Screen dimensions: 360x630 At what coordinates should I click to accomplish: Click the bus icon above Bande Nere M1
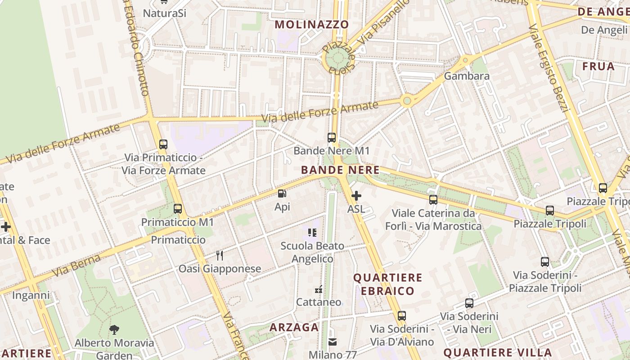[x=332, y=138]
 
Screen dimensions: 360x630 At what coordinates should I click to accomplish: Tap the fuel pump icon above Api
[x=282, y=194]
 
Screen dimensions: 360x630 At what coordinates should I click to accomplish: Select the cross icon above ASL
[x=356, y=196]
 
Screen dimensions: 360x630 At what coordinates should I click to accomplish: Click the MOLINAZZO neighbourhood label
[x=312, y=24]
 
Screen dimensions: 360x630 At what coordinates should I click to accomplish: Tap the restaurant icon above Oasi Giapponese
[x=220, y=256]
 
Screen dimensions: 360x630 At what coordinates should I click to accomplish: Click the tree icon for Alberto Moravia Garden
[x=114, y=329]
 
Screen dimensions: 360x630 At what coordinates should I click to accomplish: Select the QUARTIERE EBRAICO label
[x=387, y=284]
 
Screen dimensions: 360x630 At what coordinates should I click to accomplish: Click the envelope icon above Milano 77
[x=333, y=342]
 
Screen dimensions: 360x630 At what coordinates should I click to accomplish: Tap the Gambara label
[x=467, y=76]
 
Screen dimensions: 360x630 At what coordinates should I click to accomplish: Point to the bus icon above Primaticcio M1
[x=178, y=209]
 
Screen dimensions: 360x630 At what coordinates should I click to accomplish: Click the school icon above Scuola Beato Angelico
[x=312, y=233]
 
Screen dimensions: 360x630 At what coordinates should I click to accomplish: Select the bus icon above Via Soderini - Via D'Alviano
[x=402, y=316]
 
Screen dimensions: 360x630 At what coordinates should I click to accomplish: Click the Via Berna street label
[x=76, y=266]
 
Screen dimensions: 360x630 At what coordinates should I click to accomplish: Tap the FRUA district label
[x=598, y=67]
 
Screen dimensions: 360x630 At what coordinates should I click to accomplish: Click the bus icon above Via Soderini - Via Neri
[x=469, y=303]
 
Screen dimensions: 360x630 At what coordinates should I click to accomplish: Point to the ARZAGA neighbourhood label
[x=294, y=327]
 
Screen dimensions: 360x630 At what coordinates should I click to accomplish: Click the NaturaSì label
[x=164, y=13]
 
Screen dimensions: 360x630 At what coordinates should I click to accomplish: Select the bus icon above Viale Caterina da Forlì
[x=433, y=199]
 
